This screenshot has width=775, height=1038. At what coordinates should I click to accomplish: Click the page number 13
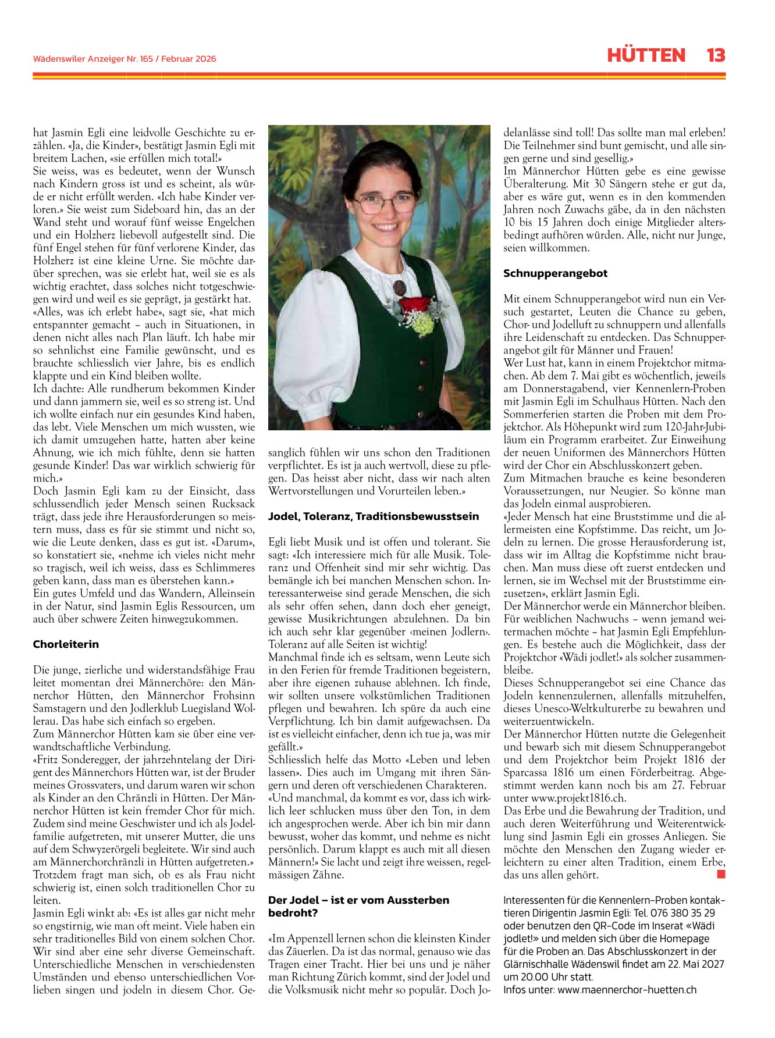coord(716,55)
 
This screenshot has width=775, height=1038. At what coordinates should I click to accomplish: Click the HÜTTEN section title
coord(646,55)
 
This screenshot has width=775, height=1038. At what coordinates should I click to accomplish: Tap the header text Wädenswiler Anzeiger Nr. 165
coord(94,59)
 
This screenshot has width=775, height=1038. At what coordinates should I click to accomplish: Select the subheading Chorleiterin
coord(66,644)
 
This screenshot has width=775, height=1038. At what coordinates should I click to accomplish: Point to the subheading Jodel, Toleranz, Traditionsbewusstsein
coord(374,516)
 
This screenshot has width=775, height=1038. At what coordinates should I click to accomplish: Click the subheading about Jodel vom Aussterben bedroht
coord(358,907)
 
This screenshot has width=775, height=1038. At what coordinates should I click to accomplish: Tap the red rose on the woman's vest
coord(414,305)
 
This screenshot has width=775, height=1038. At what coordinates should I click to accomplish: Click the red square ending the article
coord(721,874)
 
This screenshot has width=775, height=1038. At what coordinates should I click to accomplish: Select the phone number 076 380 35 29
coord(682,913)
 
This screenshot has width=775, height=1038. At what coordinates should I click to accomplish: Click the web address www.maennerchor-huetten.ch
coord(627,990)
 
